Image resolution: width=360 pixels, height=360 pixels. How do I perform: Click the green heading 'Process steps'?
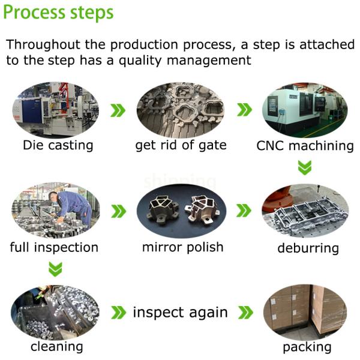click(x=58, y=13)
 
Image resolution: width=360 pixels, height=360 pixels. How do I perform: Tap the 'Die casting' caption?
click(x=58, y=145)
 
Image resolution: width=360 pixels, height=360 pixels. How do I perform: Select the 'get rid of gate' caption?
click(x=181, y=145)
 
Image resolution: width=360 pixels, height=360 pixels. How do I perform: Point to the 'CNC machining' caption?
click(x=305, y=146)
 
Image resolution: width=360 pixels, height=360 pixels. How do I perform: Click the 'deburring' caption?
click(x=308, y=248)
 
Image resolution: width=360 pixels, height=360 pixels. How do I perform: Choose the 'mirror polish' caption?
click(x=183, y=247)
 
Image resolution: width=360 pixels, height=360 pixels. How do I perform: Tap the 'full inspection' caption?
click(x=54, y=247)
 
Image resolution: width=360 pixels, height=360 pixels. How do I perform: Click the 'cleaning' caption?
click(x=57, y=347)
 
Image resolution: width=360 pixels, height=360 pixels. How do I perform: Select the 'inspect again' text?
click(x=181, y=313)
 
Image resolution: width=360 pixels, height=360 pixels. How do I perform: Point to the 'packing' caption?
click(x=307, y=347)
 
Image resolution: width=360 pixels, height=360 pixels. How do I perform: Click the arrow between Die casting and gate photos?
click(x=118, y=110)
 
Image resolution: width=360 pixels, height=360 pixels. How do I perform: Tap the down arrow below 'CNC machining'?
click(x=305, y=167)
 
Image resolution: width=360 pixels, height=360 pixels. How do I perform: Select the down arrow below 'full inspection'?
click(x=55, y=269)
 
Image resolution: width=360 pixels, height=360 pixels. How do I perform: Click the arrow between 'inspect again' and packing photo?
click(x=245, y=313)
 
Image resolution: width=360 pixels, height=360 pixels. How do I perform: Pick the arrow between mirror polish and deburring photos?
click(x=244, y=211)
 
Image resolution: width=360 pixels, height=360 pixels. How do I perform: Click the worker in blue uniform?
click(x=71, y=206)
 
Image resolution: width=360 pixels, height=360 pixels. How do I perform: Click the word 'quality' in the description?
click(x=140, y=61)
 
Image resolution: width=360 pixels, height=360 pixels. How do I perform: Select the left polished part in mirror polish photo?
click(x=164, y=209)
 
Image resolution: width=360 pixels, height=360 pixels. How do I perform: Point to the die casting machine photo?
click(x=56, y=110)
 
